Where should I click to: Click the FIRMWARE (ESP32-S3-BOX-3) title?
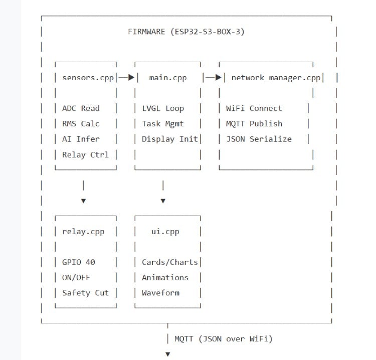click(186, 32)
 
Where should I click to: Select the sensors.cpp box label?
click(88, 78)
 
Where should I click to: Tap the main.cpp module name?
click(168, 78)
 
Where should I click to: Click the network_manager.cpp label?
click(275, 78)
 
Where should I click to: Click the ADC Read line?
click(81, 108)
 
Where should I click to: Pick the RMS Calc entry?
click(81, 124)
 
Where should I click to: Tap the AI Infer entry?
click(81, 139)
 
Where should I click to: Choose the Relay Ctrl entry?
click(85, 154)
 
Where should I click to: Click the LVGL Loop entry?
click(163, 108)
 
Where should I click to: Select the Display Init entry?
click(170, 139)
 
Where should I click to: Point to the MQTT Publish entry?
click(254, 124)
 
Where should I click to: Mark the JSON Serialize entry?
click(258, 139)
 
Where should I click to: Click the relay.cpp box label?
click(83, 232)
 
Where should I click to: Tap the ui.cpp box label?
click(165, 232)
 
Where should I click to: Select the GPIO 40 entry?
click(78, 262)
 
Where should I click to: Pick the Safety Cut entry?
click(85, 293)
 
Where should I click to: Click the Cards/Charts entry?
click(170, 262)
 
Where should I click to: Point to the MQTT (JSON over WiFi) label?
click(224, 339)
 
